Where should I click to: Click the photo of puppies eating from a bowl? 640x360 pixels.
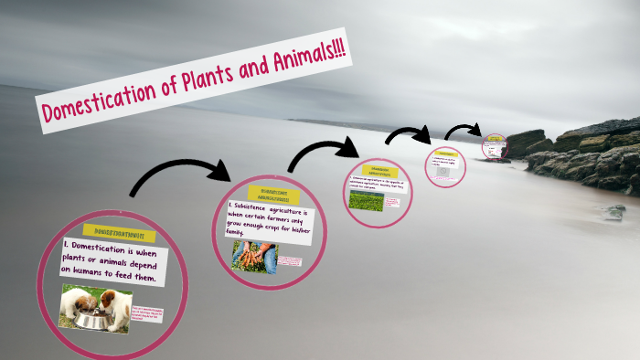coord(95,308)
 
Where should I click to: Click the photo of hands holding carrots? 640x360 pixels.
coord(254,257)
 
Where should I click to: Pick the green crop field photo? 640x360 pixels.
coord(365,200)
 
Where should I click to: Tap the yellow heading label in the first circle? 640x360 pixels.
coord(119,233)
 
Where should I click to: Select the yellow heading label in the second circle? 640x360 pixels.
coord(274,195)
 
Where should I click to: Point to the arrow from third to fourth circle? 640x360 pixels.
coord(408,135)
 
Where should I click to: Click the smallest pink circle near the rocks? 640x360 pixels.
coord(495,146)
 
